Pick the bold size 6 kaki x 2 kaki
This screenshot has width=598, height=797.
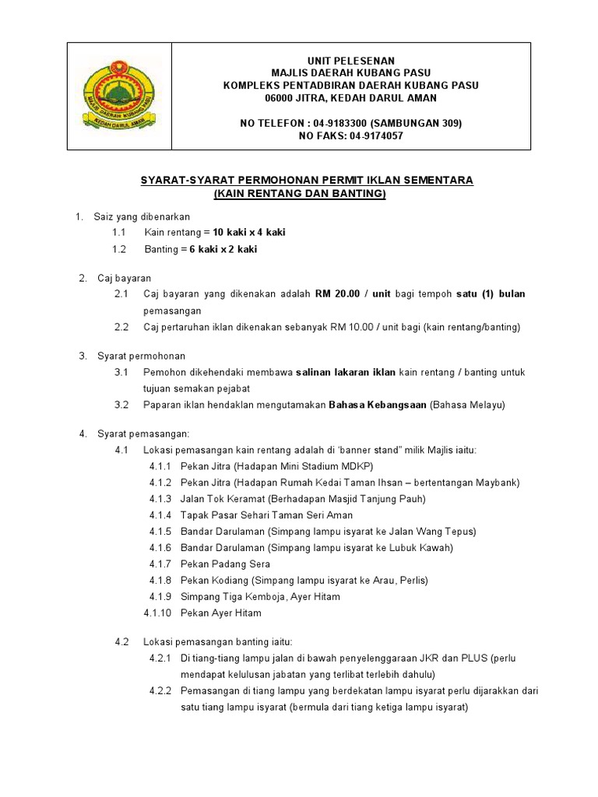[x=223, y=249]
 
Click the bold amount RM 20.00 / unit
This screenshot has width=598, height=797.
[x=353, y=294]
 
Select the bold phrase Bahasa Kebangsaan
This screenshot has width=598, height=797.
[x=378, y=405]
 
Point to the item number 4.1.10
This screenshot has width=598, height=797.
[x=157, y=613]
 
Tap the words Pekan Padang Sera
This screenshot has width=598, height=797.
[x=225, y=564]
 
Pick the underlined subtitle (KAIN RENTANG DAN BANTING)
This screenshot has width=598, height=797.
[x=300, y=193]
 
